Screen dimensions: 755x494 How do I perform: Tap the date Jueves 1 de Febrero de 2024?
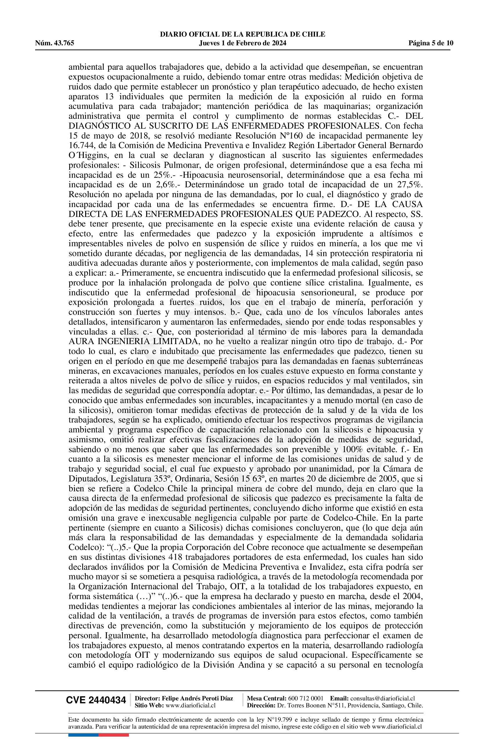(x=243, y=43)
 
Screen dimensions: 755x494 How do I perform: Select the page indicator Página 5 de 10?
(x=431, y=43)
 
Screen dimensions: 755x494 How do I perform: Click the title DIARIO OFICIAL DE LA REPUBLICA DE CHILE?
(x=243, y=34)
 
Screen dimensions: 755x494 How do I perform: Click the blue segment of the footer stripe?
(x=83, y=735)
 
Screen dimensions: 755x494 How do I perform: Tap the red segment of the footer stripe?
(x=114, y=735)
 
